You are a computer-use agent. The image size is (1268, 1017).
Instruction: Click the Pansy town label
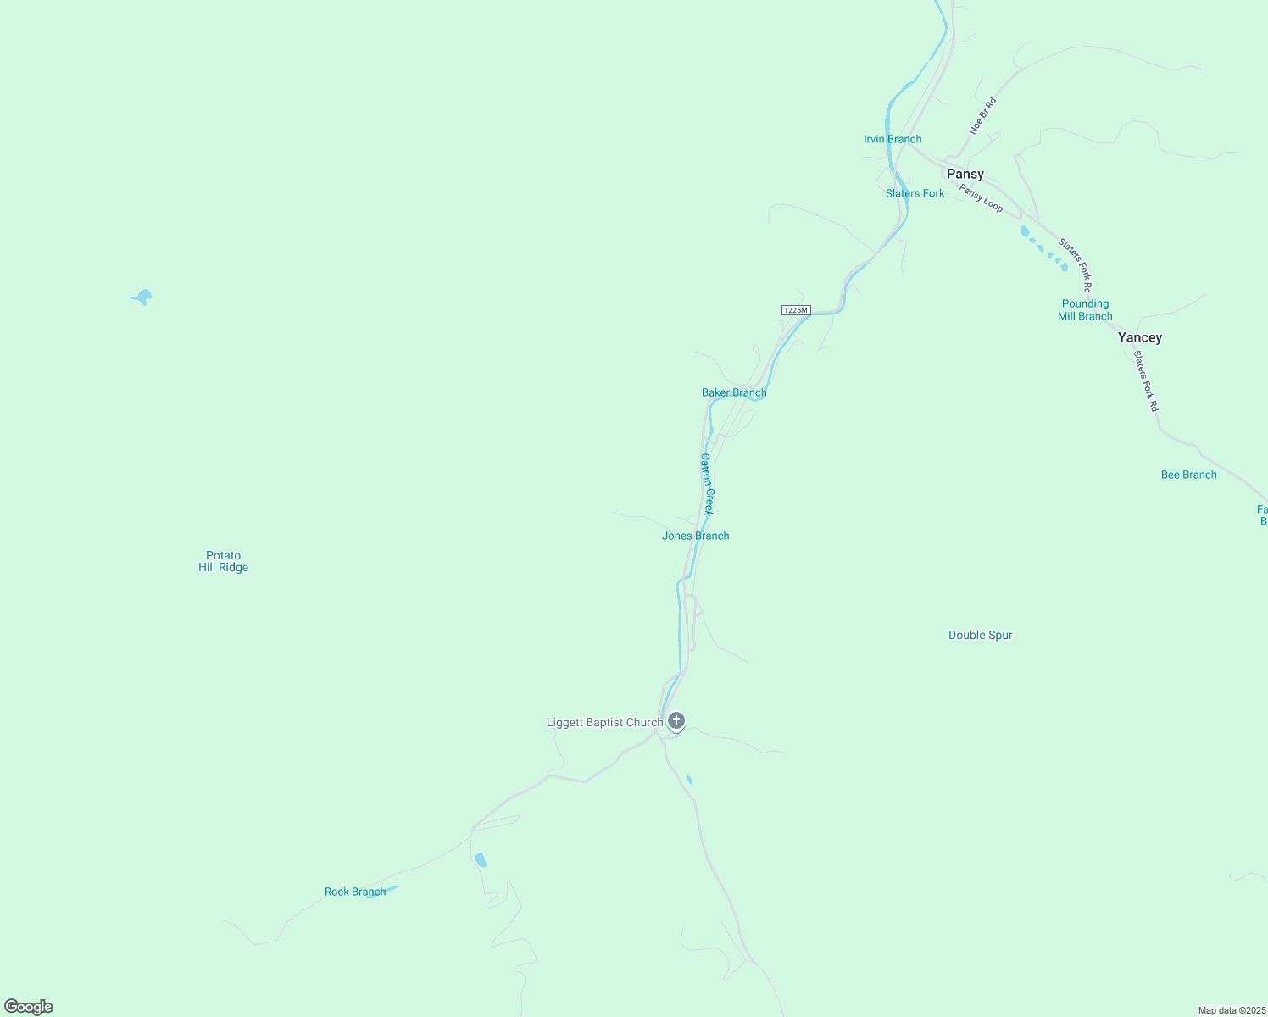pyautogui.click(x=965, y=174)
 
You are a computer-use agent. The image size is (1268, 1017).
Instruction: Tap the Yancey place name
pyautogui.click(x=1139, y=337)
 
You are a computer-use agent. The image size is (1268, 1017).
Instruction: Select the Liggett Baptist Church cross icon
pyautogui.click(x=676, y=721)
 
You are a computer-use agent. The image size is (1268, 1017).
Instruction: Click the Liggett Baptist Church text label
pyautogui.click(x=604, y=722)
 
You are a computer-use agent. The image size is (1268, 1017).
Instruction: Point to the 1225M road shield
pyautogui.click(x=796, y=310)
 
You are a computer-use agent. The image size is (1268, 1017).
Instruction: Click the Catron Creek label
pyautogui.click(x=707, y=484)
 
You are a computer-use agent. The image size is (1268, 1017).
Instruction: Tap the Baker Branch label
pyautogui.click(x=734, y=392)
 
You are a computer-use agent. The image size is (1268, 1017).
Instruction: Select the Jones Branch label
pyautogui.click(x=695, y=536)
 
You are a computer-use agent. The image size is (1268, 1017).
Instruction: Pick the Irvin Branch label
pyautogui.click(x=893, y=139)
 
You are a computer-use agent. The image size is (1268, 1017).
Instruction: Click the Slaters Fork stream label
pyautogui.click(x=915, y=193)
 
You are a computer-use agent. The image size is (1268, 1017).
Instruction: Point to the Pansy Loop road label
pyautogui.click(x=981, y=198)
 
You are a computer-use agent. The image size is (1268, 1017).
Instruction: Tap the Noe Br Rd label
pyautogui.click(x=982, y=116)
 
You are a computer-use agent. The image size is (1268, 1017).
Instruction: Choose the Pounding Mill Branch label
pyautogui.click(x=1085, y=309)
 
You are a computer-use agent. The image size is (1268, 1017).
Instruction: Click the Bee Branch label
pyautogui.click(x=1188, y=475)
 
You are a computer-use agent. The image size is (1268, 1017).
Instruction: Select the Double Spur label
pyautogui.click(x=980, y=635)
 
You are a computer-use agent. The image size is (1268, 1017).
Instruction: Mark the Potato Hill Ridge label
pyautogui.click(x=223, y=561)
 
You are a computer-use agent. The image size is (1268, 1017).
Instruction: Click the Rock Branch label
pyautogui.click(x=355, y=892)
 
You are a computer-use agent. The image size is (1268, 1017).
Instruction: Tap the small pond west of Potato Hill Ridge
pyautogui.click(x=142, y=297)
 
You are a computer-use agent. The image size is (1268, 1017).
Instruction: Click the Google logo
pyautogui.click(x=29, y=1007)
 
